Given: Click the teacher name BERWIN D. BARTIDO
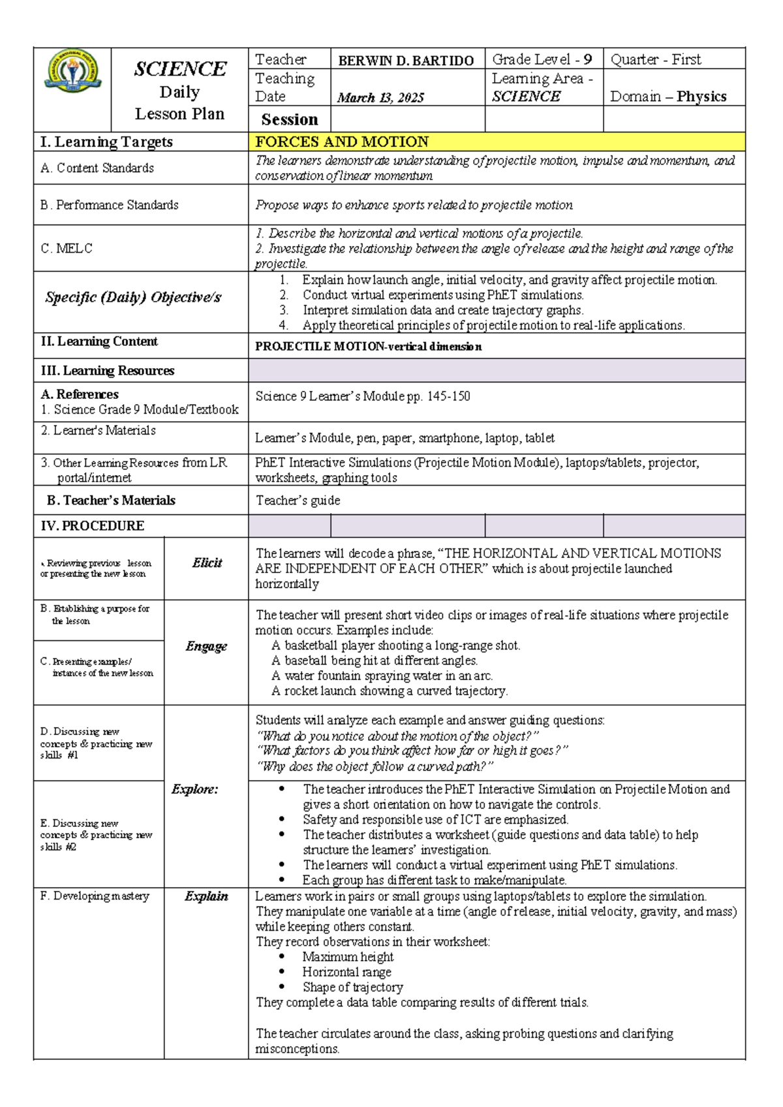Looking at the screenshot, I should (x=406, y=61).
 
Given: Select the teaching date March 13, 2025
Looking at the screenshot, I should (x=380, y=98).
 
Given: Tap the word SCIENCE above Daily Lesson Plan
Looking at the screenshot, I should (x=180, y=69).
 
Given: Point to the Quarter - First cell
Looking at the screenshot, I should (x=656, y=59).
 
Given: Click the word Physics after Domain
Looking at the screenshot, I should (x=701, y=97).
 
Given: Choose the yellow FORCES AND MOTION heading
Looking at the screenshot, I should (x=342, y=142).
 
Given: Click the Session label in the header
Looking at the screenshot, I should (x=290, y=119).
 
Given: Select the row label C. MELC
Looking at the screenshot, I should (x=67, y=249).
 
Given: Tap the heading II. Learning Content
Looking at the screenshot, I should (x=99, y=341).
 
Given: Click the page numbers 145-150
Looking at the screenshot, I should (x=448, y=396).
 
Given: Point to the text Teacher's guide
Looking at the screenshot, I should (x=298, y=501).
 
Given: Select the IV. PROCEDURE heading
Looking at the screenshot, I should (x=92, y=526).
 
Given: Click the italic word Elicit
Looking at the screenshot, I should (x=207, y=563).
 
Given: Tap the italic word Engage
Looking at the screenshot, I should (x=206, y=646).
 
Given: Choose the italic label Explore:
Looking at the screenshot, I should (x=194, y=789).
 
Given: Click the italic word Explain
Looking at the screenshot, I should (x=206, y=896).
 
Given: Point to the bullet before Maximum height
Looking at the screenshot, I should (x=282, y=957).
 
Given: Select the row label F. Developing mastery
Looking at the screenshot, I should (x=95, y=896).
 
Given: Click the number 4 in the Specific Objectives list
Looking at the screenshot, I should (x=283, y=325).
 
